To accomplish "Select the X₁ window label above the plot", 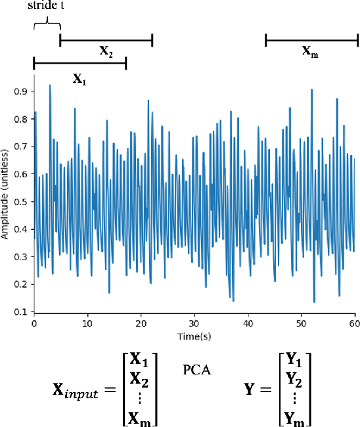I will pyautogui.click(x=78, y=78).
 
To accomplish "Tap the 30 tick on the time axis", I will pyautogui.click(x=194, y=325).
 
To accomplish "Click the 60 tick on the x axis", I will pyautogui.click(x=354, y=325).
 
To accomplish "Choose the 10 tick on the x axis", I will pyautogui.click(x=87, y=325).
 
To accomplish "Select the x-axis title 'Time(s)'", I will pyautogui.click(x=194, y=336).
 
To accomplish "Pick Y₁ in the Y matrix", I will pyautogui.click(x=293, y=359).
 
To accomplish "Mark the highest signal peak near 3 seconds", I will pyautogui.click(x=49, y=85).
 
